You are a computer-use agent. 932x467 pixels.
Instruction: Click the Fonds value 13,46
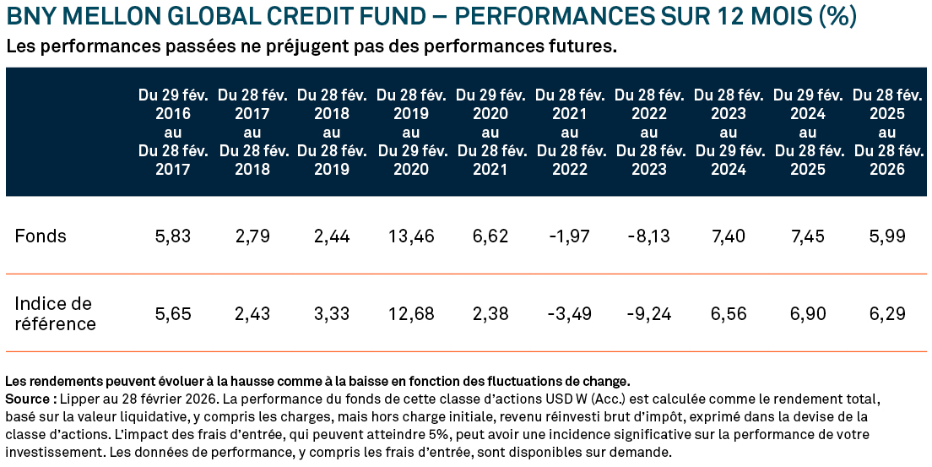click(x=411, y=236)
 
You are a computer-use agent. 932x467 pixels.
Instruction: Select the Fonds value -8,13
click(x=648, y=236)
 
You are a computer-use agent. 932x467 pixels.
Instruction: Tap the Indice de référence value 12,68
click(x=411, y=314)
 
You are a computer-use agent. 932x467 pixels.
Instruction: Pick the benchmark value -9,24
click(x=648, y=314)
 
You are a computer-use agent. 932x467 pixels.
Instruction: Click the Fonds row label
click(x=41, y=236)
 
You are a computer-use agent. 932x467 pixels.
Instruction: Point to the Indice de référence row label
click(x=55, y=313)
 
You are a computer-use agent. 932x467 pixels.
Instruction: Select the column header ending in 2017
click(x=173, y=133)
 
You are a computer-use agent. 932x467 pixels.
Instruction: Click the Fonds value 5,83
click(x=173, y=236)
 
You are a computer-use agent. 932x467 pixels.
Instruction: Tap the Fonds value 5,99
click(x=887, y=236)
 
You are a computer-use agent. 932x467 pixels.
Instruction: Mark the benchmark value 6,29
click(x=887, y=314)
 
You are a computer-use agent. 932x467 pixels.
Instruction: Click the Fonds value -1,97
click(x=569, y=236)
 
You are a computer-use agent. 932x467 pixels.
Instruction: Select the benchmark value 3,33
click(x=332, y=314)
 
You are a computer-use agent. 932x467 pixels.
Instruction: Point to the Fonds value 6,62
click(x=490, y=236)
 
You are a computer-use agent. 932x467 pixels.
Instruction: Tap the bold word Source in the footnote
click(x=25, y=398)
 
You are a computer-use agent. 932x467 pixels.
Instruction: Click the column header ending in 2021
click(x=490, y=133)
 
